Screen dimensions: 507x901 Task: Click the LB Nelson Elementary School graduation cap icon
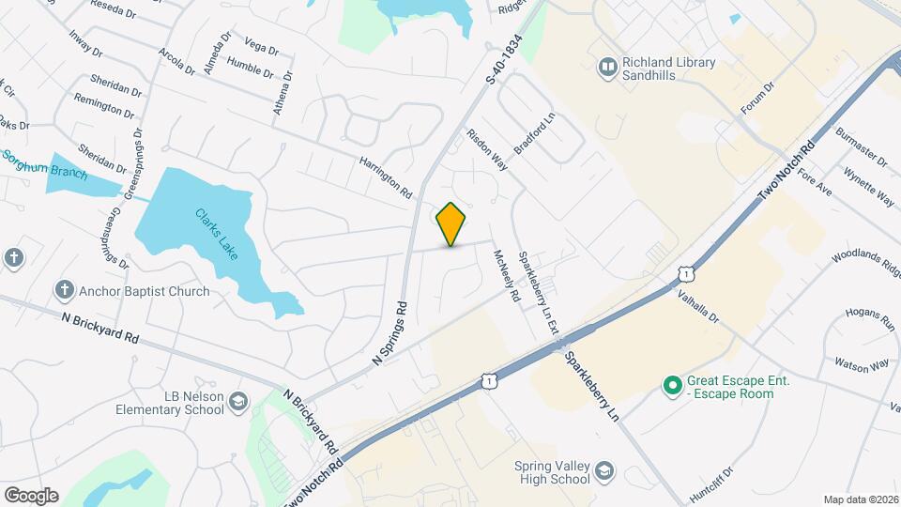click(x=238, y=403)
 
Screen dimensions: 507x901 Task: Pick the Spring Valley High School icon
click(x=605, y=471)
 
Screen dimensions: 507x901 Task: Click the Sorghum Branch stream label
click(x=46, y=166)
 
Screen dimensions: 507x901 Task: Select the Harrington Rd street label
click(x=386, y=177)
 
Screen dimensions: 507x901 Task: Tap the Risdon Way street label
click(x=487, y=149)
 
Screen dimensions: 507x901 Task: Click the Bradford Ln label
click(x=534, y=134)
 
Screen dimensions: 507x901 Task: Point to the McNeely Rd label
click(x=504, y=274)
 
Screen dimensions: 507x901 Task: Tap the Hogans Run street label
click(x=870, y=318)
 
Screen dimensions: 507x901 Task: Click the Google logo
click(x=31, y=496)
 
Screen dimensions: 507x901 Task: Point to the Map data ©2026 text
click(x=861, y=499)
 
